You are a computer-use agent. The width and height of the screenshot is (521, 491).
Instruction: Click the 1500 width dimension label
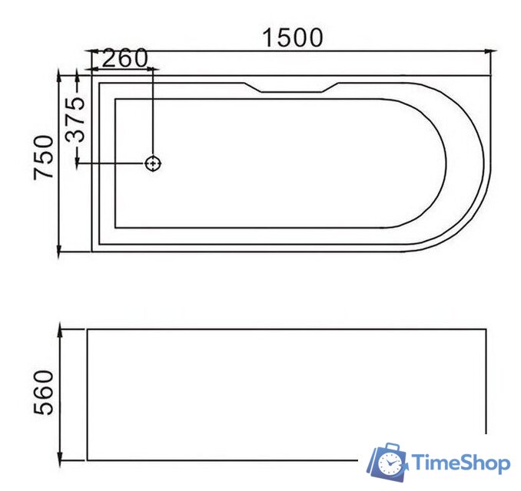pos(293,37)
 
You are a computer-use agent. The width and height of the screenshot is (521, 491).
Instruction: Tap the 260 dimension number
pos(124,58)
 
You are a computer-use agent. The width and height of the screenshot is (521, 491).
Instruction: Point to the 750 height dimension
pos(44,157)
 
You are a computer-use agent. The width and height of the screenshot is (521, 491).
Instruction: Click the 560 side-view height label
pos(44,391)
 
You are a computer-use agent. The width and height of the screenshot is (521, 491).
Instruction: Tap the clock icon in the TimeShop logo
pos(391,463)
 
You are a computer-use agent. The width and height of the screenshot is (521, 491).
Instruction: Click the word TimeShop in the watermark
pos(460,463)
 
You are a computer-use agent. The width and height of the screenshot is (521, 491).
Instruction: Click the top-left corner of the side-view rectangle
pos(87,330)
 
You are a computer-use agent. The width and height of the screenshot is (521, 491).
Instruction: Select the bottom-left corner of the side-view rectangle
pos(87,460)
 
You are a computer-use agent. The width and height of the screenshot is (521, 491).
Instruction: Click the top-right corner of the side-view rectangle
pos(486,330)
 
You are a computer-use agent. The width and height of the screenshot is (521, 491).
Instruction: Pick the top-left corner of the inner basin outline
pos(114,98)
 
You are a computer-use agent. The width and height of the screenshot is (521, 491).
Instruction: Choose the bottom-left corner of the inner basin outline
pos(114,228)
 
